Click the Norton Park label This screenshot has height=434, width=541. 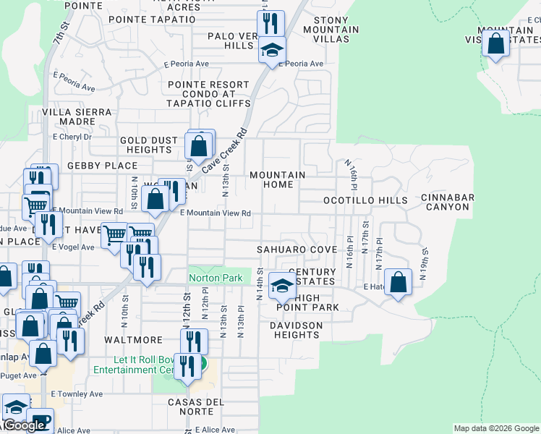(x=215, y=278)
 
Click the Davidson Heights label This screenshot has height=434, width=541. (x=297, y=330)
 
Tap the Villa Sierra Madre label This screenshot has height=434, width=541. (x=77, y=116)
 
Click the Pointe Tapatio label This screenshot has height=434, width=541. (x=151, y=19)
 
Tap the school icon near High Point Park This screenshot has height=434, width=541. (x=282, y=286)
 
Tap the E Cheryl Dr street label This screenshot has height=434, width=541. (x=69, y=137)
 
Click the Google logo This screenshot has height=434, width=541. (x=24, y=425)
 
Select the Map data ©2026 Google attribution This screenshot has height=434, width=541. (x=495, y=428)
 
